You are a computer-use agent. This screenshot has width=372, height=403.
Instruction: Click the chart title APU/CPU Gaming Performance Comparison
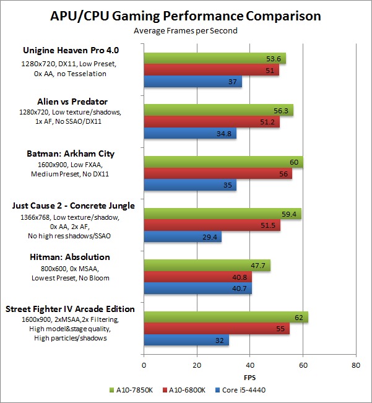[186, 15]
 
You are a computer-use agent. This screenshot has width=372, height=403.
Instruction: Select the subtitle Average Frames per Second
[186, 30]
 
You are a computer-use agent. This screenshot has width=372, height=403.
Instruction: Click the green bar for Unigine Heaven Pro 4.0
[214, 59]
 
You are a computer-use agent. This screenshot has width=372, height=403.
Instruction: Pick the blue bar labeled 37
[192, 82]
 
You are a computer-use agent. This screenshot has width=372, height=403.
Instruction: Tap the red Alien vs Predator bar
[211, 122]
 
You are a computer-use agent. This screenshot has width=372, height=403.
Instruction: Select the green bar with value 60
[223, 163]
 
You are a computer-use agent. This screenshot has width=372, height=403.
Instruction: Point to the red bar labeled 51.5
[212, 226]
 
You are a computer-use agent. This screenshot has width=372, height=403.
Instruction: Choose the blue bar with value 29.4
[183, 238]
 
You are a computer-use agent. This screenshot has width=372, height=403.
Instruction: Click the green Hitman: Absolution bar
[207, 266]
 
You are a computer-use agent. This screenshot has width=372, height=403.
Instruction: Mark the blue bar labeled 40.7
[197, 289]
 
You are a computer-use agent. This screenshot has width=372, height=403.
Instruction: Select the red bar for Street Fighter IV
[216, 329]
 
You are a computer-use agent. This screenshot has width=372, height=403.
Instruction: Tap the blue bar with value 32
[186, 340]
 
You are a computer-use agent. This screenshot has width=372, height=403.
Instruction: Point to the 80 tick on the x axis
[355, 366]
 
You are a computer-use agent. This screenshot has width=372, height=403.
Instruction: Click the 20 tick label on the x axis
[197, 366]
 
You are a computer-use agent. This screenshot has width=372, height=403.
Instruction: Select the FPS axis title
[249, 377]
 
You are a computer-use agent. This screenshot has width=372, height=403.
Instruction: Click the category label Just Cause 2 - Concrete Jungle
[74, 205]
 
